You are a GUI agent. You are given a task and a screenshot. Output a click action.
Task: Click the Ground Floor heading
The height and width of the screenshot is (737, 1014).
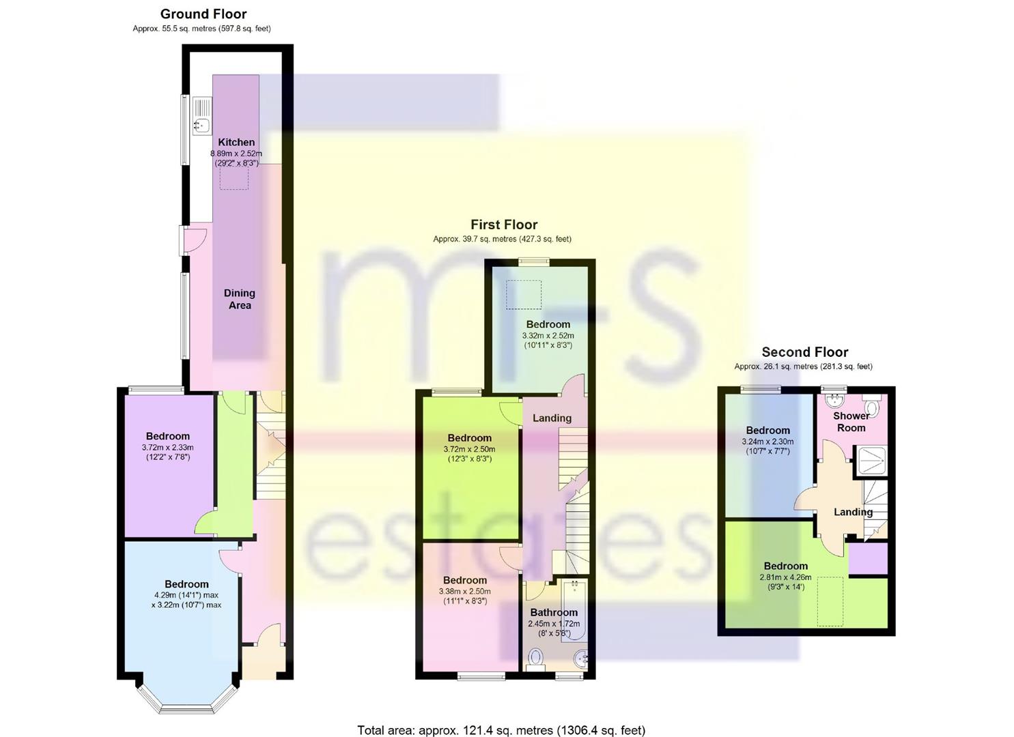(203, 14)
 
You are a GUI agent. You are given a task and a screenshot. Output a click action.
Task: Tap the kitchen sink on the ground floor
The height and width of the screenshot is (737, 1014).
(202, 116)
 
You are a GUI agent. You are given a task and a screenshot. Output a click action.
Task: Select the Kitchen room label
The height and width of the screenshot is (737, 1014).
(236, 142)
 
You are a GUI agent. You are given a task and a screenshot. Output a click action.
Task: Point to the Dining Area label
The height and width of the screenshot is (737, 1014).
(240, 299)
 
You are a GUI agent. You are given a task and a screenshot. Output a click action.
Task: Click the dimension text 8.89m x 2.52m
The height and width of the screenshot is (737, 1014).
(236, 154)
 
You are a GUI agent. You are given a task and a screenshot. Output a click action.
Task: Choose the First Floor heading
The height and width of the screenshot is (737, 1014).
(504, 225)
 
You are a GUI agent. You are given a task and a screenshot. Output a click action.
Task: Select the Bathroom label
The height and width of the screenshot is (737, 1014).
(554, 613)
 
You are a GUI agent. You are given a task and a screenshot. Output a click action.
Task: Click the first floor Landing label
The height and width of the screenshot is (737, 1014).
(552, 418)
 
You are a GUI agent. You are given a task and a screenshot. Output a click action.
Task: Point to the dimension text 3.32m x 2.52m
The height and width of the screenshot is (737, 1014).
(548, 336)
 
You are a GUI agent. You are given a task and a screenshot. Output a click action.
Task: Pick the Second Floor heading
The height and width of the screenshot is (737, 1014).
(804, 351)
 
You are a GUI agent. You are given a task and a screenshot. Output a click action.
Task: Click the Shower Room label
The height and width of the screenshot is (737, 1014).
(851, 422)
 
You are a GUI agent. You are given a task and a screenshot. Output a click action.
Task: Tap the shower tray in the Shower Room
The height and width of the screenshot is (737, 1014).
(871, 461)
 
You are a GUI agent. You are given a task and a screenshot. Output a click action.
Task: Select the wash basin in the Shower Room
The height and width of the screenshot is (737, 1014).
(832, 401)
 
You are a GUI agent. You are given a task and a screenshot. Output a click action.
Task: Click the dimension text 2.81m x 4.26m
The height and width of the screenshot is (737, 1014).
(785, 577)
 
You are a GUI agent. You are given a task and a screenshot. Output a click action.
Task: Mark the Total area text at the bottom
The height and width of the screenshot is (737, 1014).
(501, 717)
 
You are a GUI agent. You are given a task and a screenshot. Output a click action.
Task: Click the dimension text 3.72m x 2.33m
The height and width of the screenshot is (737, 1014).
(167, 448)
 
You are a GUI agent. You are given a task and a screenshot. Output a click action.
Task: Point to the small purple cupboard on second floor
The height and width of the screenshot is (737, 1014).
(868, 559)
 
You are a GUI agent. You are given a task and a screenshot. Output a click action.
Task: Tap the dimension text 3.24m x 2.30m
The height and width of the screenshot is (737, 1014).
(767, 442)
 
